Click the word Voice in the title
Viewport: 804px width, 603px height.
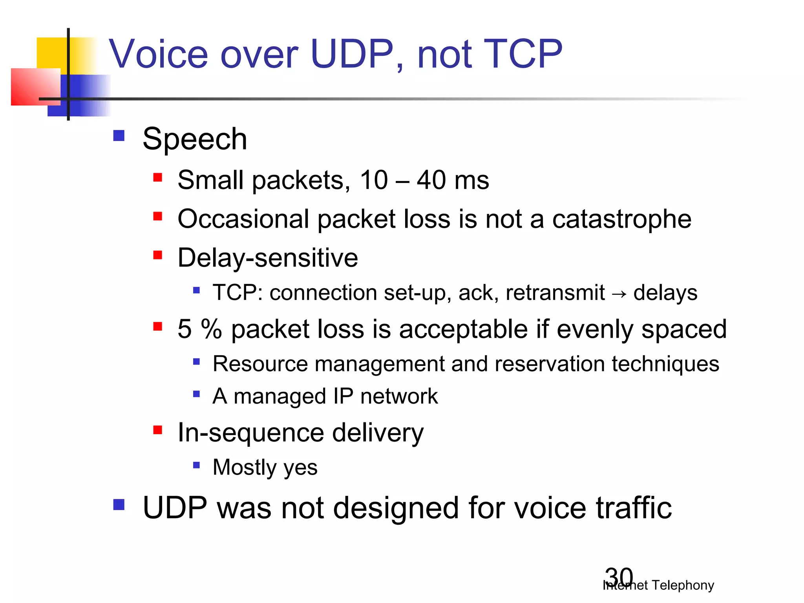point(158,54)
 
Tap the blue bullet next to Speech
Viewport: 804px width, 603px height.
point(119,136)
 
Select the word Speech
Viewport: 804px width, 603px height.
point(195,139)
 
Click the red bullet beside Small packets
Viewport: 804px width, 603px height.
point(158,178)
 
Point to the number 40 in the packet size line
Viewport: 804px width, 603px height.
point(431,180)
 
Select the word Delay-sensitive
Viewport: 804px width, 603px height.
point(268,258)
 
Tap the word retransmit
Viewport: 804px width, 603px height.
point(555,293)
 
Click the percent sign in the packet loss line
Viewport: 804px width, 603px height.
point(211,329)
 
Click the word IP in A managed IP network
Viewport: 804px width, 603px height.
point(343,396)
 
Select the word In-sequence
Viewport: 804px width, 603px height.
point(250,433)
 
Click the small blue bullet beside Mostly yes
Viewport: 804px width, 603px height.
point(197,466)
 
